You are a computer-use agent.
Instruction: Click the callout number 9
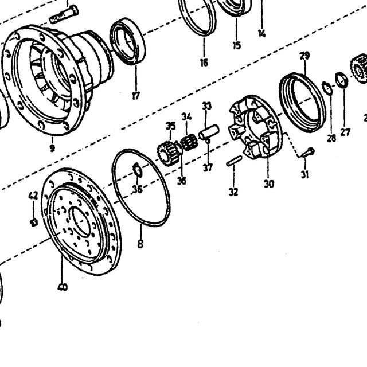point(52,148)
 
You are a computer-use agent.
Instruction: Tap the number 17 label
point(136,96)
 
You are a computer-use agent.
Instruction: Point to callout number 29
point(304,56)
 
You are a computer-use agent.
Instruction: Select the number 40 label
point(63,287)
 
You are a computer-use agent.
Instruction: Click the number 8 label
point(140,244)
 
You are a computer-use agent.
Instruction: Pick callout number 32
point(233,192)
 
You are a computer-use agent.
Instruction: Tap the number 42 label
point(33,196)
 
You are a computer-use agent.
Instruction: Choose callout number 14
point(262,33)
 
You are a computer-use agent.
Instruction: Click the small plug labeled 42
point(34,222)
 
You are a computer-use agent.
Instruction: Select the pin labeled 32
point(234,161)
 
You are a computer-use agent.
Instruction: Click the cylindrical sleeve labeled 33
point(209,132)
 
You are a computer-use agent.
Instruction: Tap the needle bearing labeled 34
point(189,142)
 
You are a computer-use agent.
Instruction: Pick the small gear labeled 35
point(169,153)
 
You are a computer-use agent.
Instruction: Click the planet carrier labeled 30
point(256,126)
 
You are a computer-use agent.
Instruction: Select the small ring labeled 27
point(342,80)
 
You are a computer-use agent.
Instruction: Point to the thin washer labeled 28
point(327,88)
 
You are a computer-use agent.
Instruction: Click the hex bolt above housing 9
point(64,14)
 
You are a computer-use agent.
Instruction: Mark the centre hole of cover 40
point(80,221)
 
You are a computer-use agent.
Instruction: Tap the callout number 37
point(208,167)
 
